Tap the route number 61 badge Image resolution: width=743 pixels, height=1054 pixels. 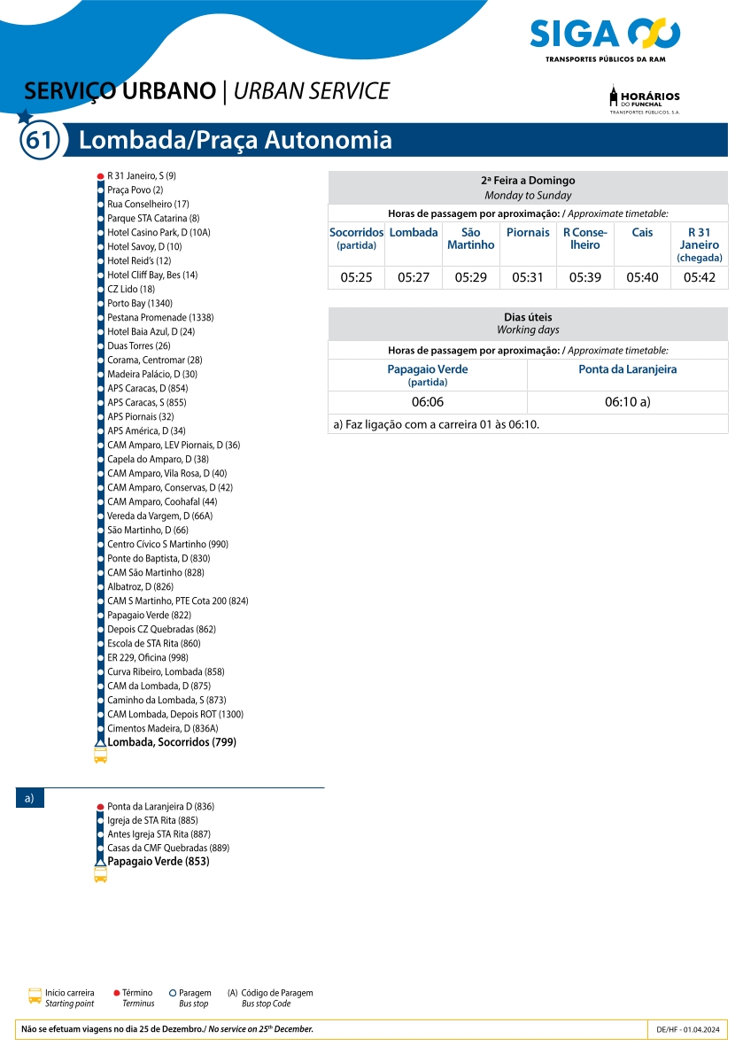pyautogui.click(x=40, y=141)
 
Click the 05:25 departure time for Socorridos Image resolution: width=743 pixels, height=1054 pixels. pyautogui.click(x=356, y=277)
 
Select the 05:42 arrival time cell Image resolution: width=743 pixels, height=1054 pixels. pyautogui.click(x=699, y=277)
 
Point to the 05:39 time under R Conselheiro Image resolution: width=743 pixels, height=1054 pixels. pyautogui.click(x=584, y=277)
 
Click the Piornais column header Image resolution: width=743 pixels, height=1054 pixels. pyautogui.click(x=528, y=233)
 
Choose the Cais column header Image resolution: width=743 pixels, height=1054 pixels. pyautogui.click(x=642, y=233)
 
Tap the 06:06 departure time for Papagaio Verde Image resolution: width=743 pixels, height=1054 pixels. pyautogui.click(x=427, y=402)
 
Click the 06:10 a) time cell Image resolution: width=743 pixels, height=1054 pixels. pyautogui.click(x=627, y=402)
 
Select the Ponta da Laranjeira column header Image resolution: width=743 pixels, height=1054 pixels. pyautogui.click(x=627, y=369)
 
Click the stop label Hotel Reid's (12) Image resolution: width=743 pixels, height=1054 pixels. pyautogui.click(x=139, y=261)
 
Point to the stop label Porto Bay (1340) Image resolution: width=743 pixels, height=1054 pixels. pyautogui.click(x=140, y=304)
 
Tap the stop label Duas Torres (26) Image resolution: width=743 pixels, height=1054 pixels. pyautogui.click(x=139, y=346)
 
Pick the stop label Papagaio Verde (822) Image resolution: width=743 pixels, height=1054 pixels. pyautogui.click(x=149, y=616)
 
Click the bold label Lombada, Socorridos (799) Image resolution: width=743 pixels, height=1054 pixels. pyautogui.click(x=172, y=742)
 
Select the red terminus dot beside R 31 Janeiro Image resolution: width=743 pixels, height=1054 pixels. pyautogui.click(x=100, y=176)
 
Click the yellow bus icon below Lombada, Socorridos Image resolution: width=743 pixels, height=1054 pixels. pyautogui.click(x=100, y=756)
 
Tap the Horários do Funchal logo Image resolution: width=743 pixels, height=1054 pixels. pyautogui.click(x=645, y=99)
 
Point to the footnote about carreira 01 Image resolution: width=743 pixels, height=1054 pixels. pyautogui.click(x=436, y=424)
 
